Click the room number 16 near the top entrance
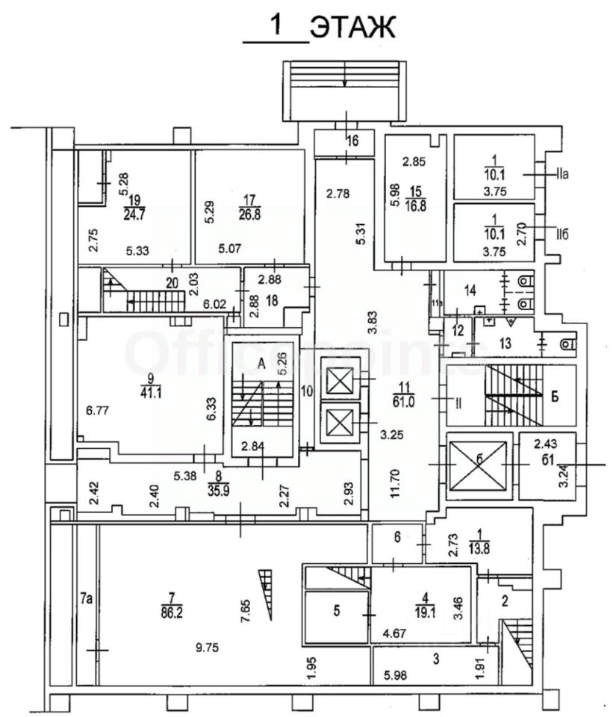point(352,140)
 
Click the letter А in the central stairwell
point(261,361)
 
